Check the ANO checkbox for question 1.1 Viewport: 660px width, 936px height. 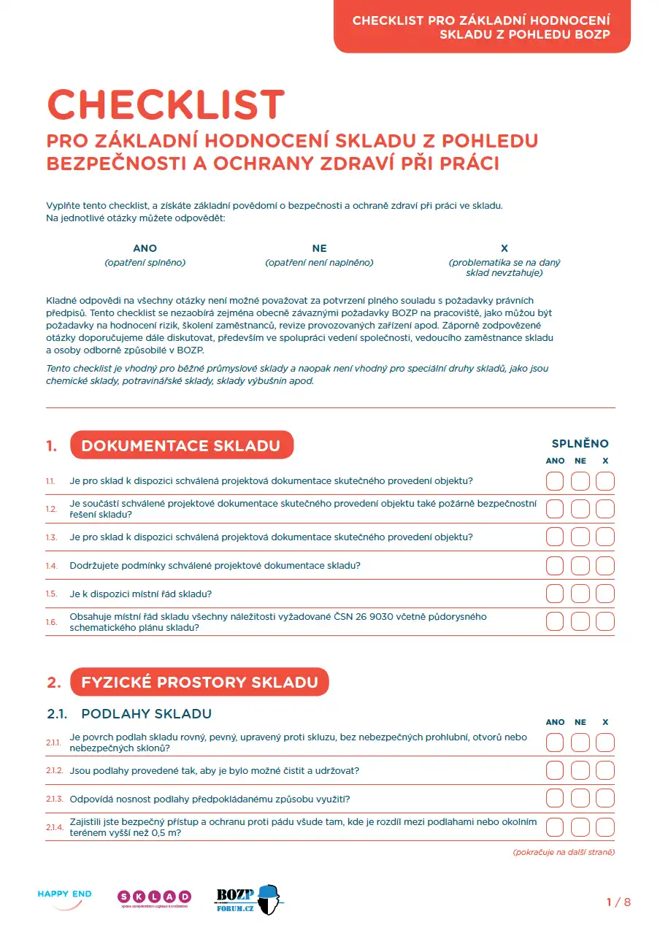[x=555, y=481]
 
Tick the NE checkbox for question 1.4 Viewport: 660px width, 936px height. [x=580, y=566]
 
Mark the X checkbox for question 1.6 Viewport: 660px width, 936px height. [x=605, y=621]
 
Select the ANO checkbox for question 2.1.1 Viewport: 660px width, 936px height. [x=555, y=743]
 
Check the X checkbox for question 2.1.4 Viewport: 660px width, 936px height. [x=605, y=826]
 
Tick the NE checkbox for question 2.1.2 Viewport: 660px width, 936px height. [x=580, y=770]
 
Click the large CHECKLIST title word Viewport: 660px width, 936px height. [x=166, y=105]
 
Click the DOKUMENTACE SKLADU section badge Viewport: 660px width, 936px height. [x=181, y=445]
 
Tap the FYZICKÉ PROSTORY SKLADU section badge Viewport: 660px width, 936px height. [x=199, y=682]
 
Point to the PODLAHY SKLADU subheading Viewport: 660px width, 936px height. [x=146, y=713]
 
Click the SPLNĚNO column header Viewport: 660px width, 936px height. [x=580, y=443]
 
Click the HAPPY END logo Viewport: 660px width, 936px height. [x=64, y=898]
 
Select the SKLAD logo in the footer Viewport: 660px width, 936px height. [x=154, y=898]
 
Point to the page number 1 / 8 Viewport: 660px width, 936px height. [x=618, y=902]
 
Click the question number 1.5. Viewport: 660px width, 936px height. [x=51, y=594]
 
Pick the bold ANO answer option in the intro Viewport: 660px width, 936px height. [x=145, y=248]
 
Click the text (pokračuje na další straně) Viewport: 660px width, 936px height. [x=564, y=852]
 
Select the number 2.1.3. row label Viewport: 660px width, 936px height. [x=54, y=799]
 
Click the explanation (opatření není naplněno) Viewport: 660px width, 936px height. [x=319, y=262]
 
